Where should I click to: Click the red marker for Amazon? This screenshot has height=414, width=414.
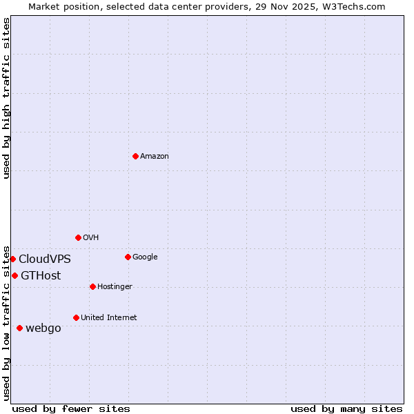click(x=135, y=156)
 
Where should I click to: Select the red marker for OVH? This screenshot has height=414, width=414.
click(x=78, y=237)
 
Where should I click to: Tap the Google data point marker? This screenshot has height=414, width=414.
click(x=128, y=257)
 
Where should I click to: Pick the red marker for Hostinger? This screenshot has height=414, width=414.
click(x=92, y=286)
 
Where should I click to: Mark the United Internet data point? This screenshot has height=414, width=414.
click(x=76, y=317)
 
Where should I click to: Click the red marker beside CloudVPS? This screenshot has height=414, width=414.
click(x=12, y=259)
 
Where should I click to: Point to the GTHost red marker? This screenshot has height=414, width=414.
click(x=14, y=275)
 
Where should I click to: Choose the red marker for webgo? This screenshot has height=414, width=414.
click(x=19, y=328)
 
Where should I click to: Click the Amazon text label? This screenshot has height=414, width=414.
click(x=155, y=157)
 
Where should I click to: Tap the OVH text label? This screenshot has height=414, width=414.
click(x=91, y=238)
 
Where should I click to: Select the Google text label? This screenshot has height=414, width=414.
click(x=145, y=257)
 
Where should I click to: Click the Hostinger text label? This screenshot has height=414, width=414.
click(x=115, y=287)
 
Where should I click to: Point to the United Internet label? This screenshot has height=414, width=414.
click(x=108, y=318)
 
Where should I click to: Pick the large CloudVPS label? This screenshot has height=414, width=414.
click(x=45, y=259)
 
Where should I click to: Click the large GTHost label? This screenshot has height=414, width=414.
click(x=41, y=276)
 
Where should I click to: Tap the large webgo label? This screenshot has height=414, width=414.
click(x=43, y=328)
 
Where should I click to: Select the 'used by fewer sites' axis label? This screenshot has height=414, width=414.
click(x=71, y=408)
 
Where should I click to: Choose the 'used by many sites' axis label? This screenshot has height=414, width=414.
click(x=346, y=408)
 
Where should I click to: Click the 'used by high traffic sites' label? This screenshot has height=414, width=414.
click(x=6, y=98)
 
